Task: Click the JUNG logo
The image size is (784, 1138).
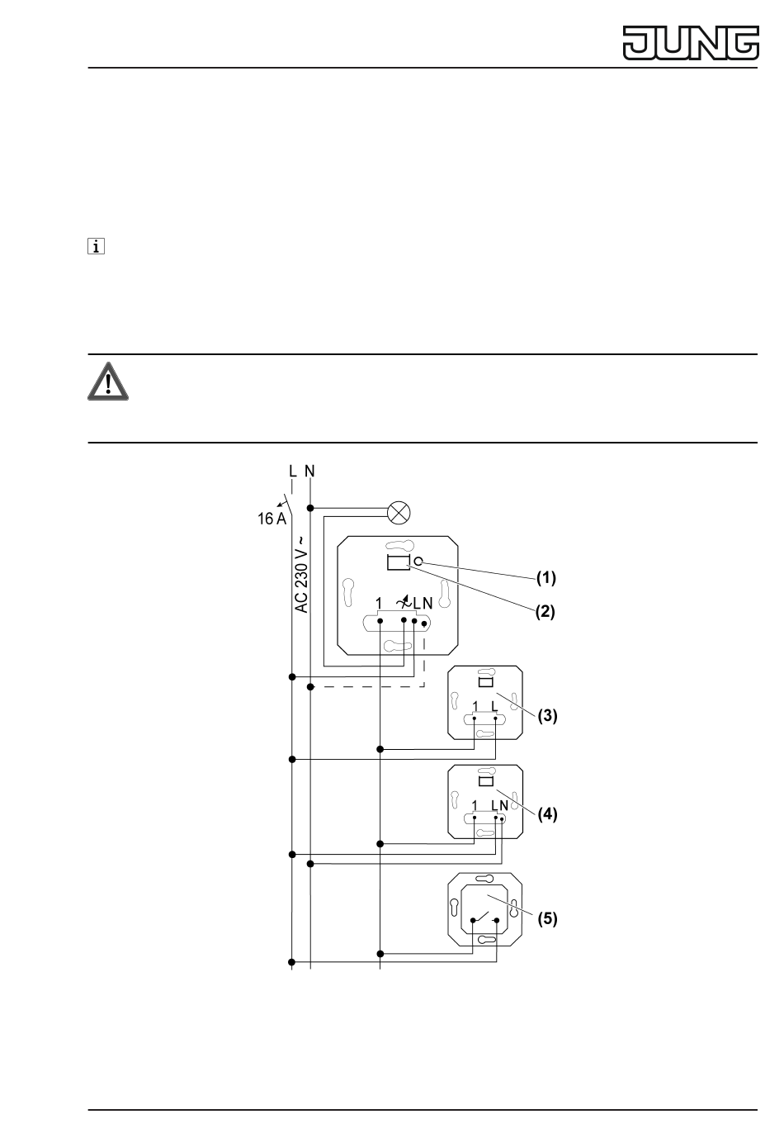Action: point(691,43)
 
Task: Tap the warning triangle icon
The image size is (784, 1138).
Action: point(106,382)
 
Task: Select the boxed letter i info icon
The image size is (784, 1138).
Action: point(97,246)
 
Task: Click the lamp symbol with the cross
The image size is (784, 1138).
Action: point(399,513)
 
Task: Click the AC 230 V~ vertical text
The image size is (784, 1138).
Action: point(302,573)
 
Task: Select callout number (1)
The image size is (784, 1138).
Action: point(546,578)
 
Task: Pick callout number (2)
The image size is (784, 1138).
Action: point(546,612)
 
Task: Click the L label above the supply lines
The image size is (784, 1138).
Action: point(292,472)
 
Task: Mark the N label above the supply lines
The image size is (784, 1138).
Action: point(309,472)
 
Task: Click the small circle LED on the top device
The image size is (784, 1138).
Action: point(418,562)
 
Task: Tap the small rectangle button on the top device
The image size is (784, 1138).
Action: point(399,563)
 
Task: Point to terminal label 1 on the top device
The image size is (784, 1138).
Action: point(379,604)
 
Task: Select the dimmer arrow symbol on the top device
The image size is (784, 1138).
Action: point(403,603)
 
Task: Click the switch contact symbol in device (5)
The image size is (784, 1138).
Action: point(484,918)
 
